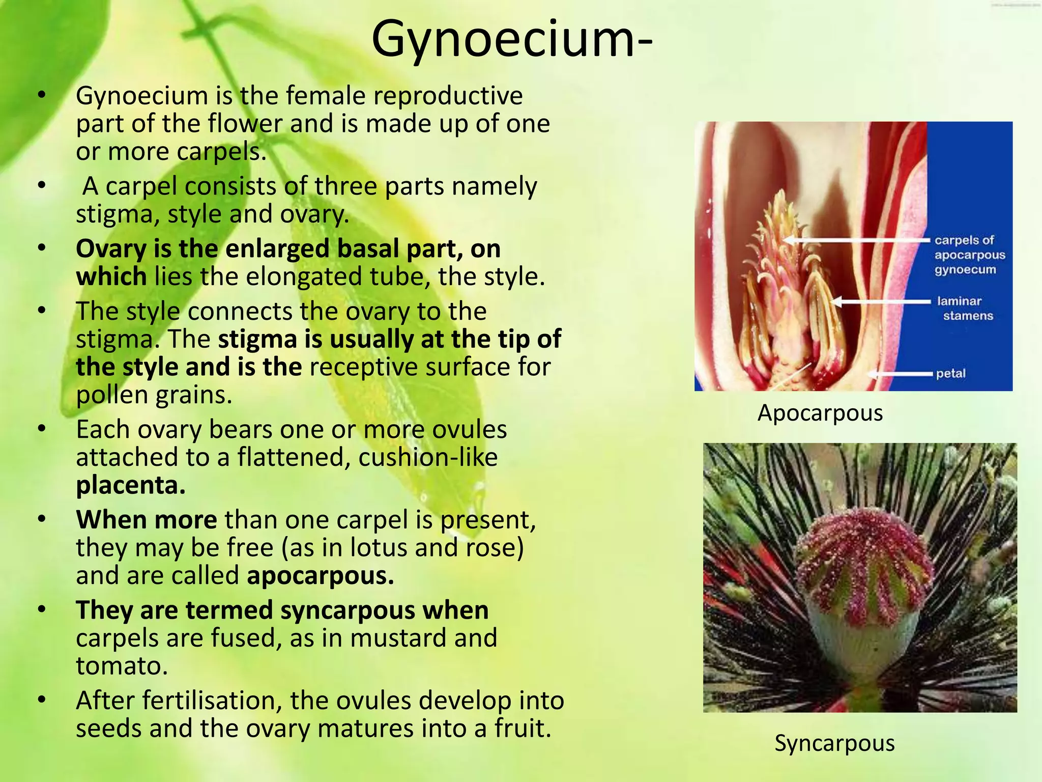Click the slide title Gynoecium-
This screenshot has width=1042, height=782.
click(x=512, y=40)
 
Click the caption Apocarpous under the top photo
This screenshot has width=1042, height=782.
click(x=820, y=413)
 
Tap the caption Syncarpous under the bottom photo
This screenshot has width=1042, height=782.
click(x=834, y=743)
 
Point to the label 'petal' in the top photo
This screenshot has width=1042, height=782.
click(x=950, y=373)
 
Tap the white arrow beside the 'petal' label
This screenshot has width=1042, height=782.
click(x=901, y=374)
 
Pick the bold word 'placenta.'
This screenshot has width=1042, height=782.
click(x=131, y=485)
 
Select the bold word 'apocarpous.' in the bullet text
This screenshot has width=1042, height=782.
click(x=321, y=575)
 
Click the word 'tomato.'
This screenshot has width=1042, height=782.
click(x=122, y=665)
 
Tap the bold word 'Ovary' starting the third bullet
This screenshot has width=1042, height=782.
click(x=111, y=249)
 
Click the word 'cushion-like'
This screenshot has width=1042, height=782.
click(x=428, y=457)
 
